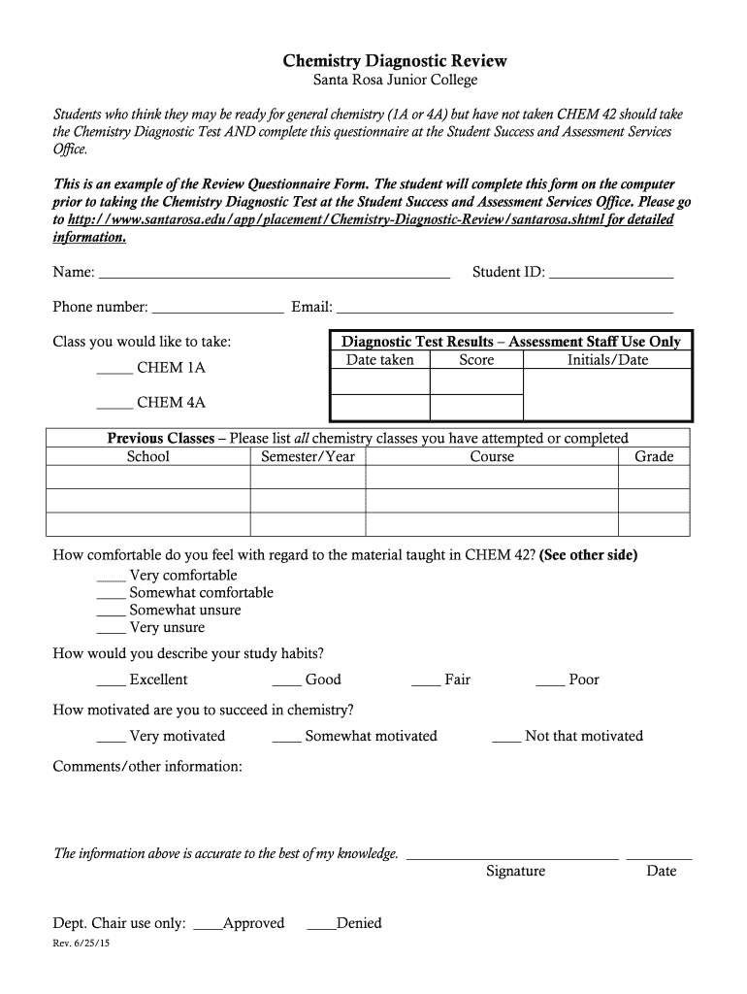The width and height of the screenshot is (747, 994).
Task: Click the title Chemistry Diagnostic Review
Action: click(394, 61)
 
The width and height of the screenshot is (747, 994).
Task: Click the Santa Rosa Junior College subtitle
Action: click(394, 81)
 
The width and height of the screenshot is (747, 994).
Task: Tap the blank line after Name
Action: click(275, 277)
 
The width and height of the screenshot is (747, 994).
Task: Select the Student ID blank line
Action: click(611, 277)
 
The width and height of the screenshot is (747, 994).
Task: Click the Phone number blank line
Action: click(218, 313)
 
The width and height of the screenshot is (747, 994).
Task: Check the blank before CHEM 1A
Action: click(114, 373)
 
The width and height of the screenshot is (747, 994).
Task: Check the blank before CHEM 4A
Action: click(114, 407)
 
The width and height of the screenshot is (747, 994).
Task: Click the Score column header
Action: click(476, 360)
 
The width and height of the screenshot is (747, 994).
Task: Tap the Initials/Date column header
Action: click(607, 360)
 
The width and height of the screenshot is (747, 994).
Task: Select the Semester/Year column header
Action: click(309, 456)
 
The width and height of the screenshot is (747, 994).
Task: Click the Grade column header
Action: click(654, 456)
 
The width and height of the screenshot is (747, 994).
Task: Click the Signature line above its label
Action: click(512, 858)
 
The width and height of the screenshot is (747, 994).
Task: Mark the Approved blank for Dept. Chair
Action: click(208, 928)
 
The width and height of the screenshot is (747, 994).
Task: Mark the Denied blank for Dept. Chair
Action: click(321, 928)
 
